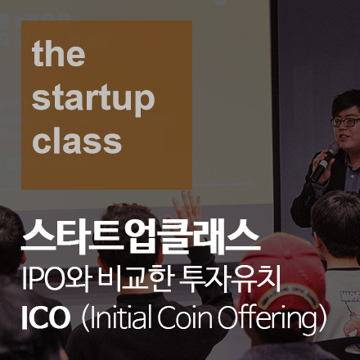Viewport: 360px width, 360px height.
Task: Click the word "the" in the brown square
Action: point(58,56)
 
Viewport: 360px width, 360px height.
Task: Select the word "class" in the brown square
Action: point(78,141)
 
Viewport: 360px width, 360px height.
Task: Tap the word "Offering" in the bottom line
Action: point(275,318)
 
